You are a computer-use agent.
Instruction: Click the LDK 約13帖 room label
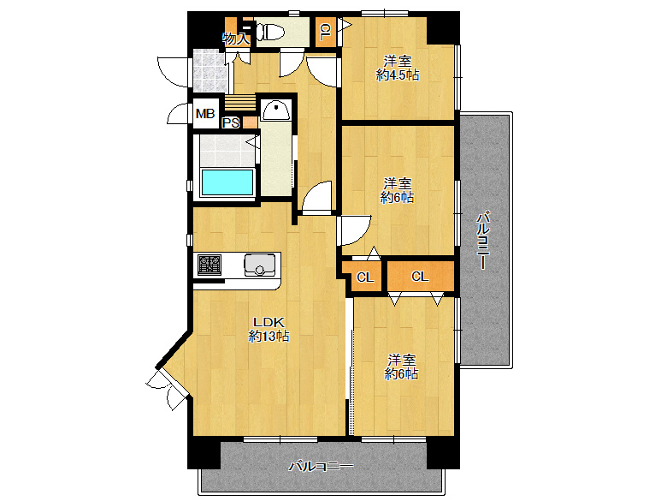[x=269, y=329]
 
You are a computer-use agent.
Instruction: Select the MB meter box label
[x=205, y=114]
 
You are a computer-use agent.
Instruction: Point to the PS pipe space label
[x=232, y=123]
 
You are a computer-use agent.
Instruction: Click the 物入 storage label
[x=236, y=39]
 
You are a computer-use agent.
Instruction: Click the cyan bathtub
[x=227, y=182]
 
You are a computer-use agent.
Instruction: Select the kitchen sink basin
[x=258, y=264]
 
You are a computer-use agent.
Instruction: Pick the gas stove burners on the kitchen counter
[x=210, y=264]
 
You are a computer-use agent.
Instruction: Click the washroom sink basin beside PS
[x=275, y=110]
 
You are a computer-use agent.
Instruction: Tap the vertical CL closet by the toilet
[x=326, y=31]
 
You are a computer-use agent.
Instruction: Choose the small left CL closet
[x=365, y=277]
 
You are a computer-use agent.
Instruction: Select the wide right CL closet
[x=420, y=277]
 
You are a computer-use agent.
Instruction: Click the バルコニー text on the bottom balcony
[x=321, y=467]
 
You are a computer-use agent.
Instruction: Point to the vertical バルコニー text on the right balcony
[x=483, y=241]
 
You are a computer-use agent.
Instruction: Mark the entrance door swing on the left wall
[x=172, y=72]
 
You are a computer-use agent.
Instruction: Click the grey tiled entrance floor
[x=210, y=71]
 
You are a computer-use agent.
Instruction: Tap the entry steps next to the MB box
[x=240, y=102]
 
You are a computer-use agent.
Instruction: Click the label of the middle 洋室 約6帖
[x=398, y=190]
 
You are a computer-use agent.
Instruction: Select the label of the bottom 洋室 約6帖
[x=402, y=367]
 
